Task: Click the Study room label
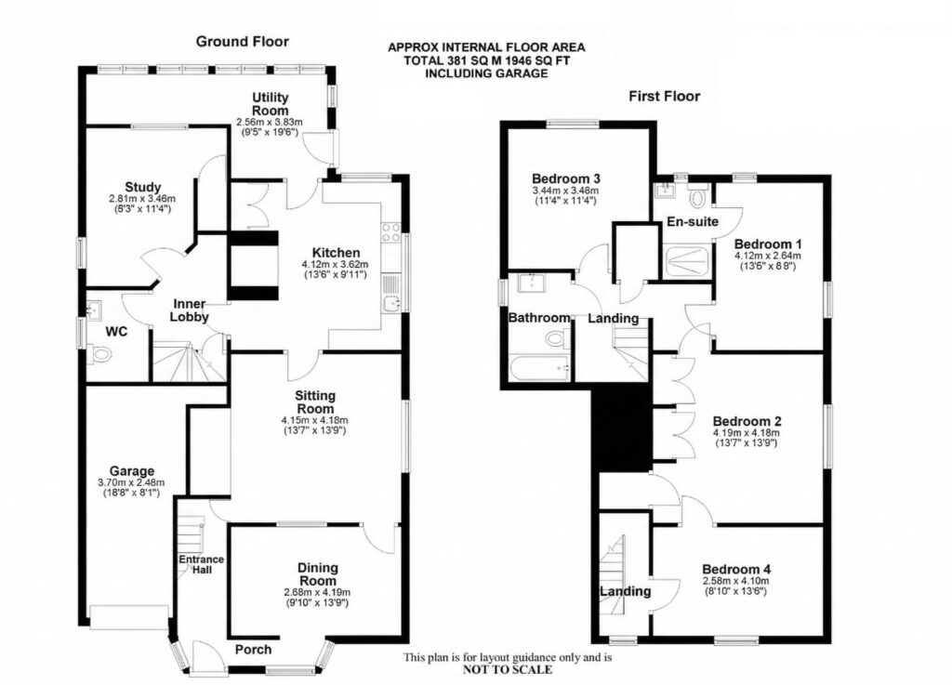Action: pos(143,186)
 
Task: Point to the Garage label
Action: pos(130,470)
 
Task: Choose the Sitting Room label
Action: pos(315,402)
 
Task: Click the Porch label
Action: pos(251,650)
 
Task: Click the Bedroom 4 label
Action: pos(736,569)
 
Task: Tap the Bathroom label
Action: pos(539,318)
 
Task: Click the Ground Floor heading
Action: pos(242,42)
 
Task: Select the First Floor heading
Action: pos(664,96)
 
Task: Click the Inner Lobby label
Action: pos(189,310)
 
